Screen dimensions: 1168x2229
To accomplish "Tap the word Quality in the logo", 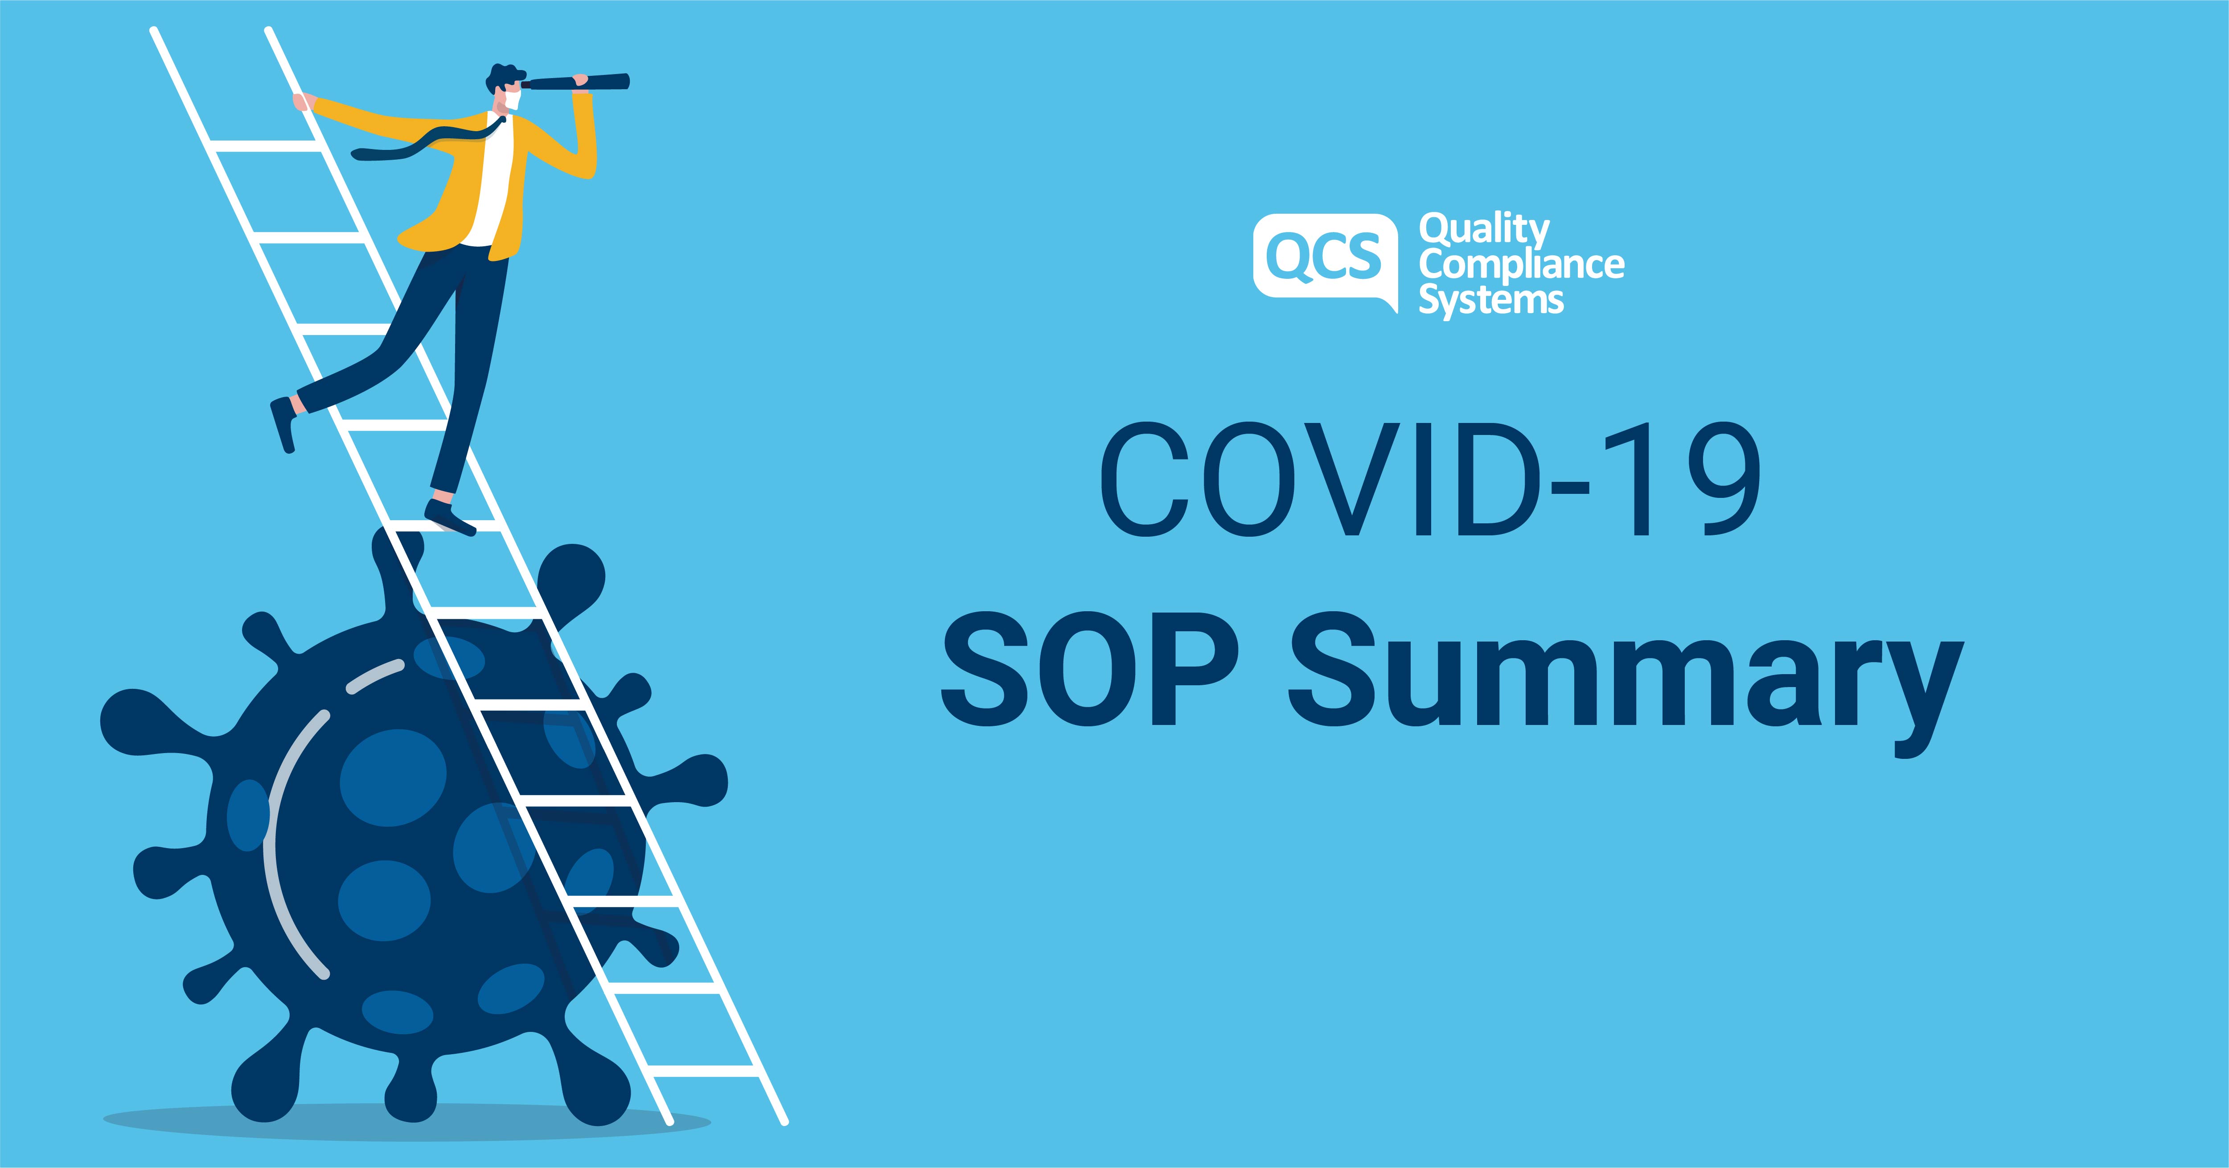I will (x=1483, y=229).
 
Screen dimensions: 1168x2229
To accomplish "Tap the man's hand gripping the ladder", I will (x=301, y=102).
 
